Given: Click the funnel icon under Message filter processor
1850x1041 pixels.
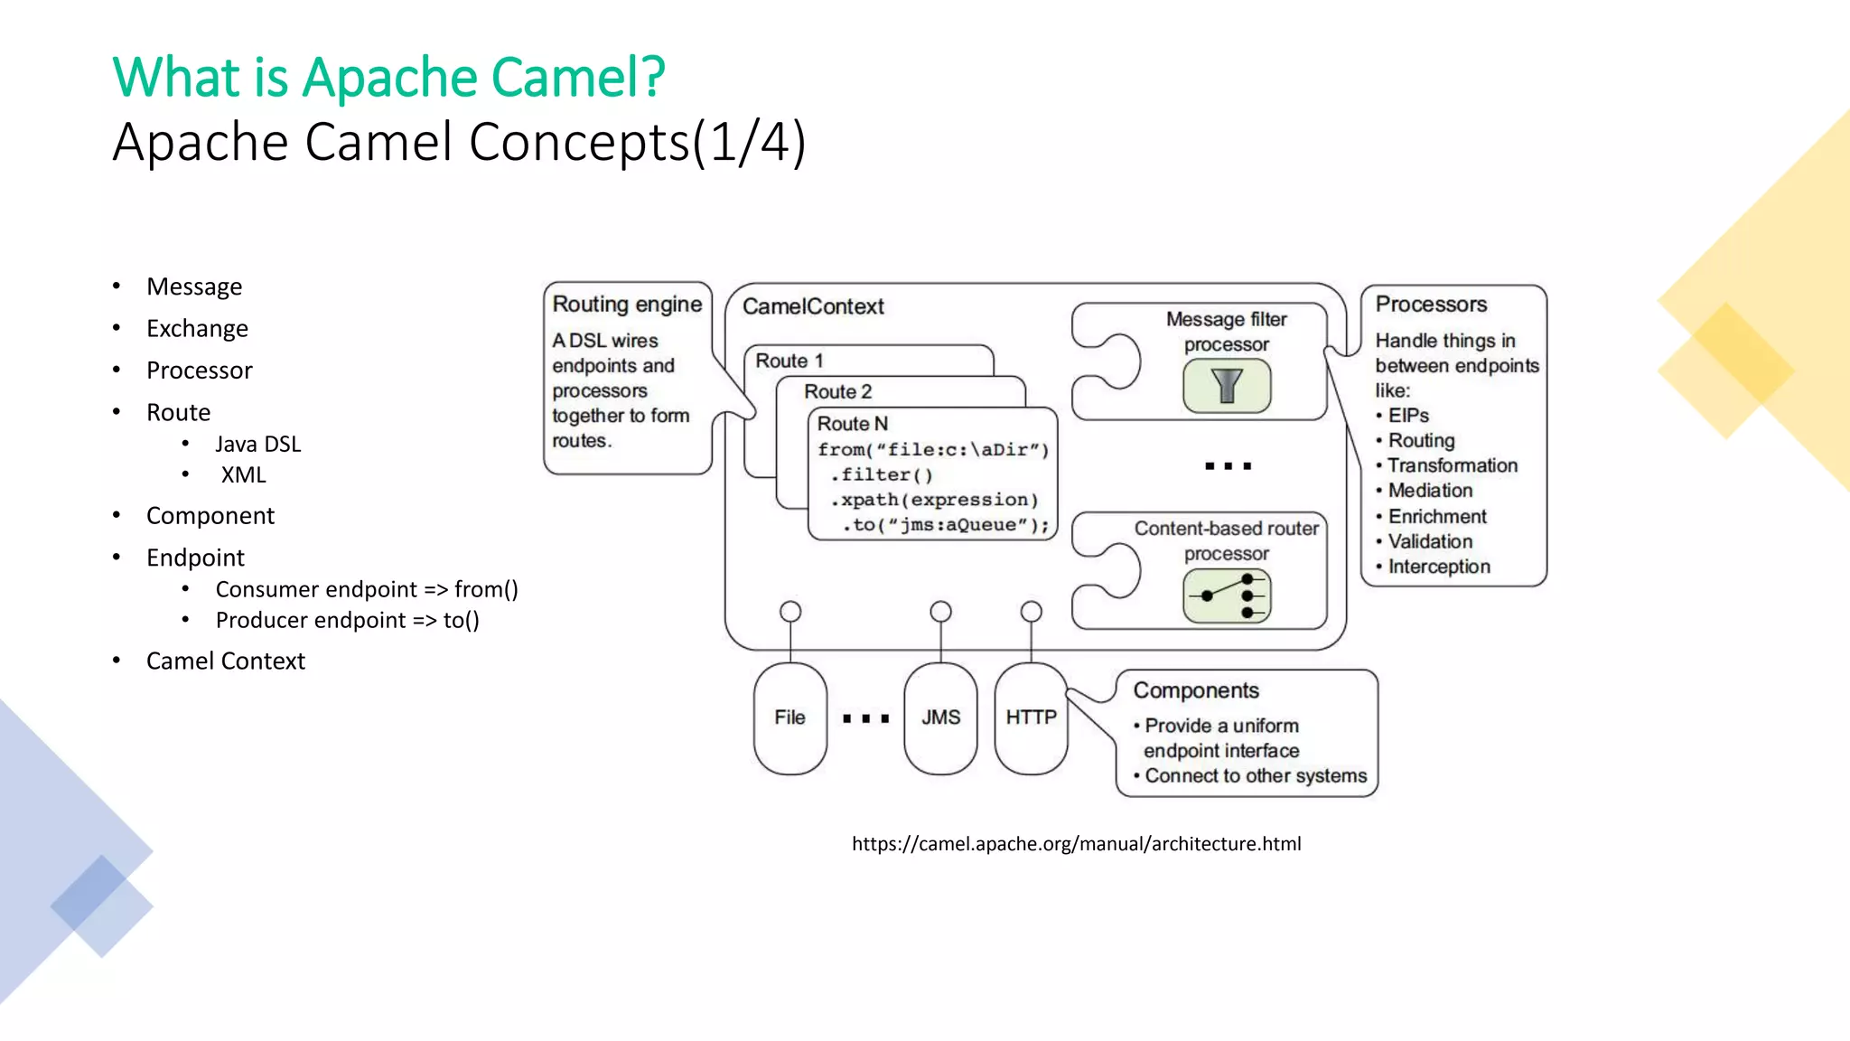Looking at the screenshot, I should [1227, 386].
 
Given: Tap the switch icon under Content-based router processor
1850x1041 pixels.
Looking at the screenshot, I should [1227, 596].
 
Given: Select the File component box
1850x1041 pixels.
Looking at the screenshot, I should [790, 717].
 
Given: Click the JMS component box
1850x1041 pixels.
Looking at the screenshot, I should [940, 717].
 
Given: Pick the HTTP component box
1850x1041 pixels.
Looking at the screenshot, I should [1031, 717].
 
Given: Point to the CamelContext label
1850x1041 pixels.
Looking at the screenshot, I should [813, 307].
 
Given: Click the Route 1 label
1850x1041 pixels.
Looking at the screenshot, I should [790, 361].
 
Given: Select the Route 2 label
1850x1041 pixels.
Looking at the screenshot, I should [837, 392].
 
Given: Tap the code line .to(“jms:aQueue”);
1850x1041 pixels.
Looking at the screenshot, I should [945, 525].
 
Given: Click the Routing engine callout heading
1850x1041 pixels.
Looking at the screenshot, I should [627, 305].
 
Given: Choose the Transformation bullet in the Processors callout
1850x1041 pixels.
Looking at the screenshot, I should [1452, 465].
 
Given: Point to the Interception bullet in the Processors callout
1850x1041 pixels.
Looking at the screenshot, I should [1438, 567].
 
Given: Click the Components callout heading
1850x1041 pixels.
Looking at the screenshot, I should [1196, 690].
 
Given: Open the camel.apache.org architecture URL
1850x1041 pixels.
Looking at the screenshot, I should [1076, 844].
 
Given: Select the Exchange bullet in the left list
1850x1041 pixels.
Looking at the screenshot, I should [197, 329].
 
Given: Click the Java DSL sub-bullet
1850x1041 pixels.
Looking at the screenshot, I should [257, 445].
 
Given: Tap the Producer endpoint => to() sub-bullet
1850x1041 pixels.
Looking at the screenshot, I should [347, 621].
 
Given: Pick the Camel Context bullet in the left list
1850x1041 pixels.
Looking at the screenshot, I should [225, 661].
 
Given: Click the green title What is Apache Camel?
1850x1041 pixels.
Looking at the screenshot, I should [388, 77].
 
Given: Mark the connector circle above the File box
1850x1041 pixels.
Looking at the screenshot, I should [790, 612].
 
